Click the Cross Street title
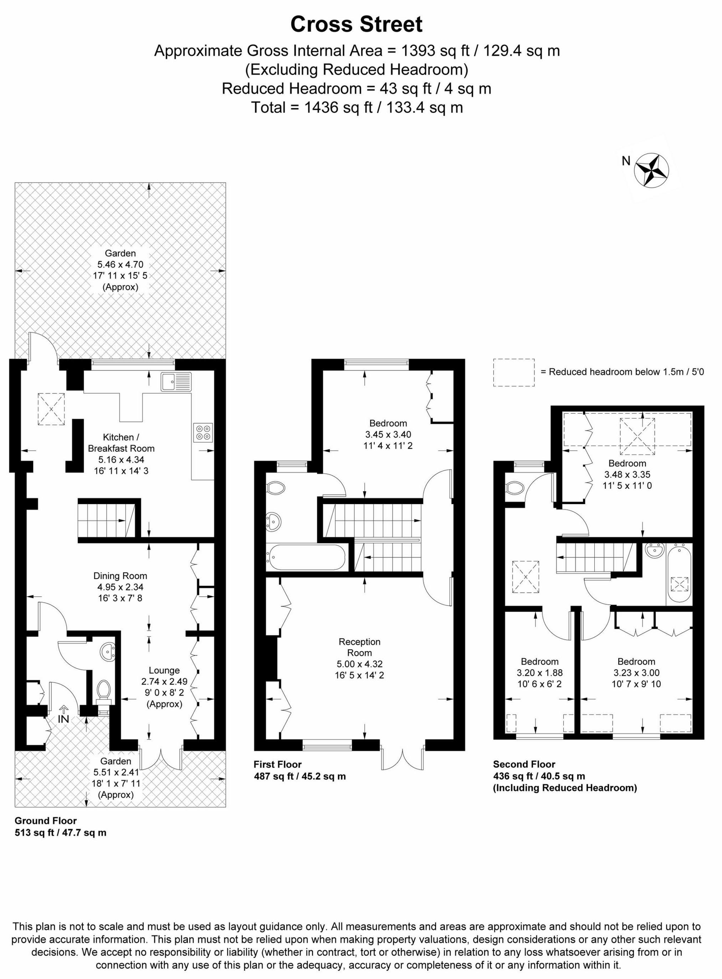tap(356, 25)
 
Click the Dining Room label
tap(120, 576)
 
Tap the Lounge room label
tap(164, 670)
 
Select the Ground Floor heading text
tap(45, 821)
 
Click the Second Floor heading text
tap(524, 764)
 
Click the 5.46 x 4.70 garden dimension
tap(120, 264)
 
